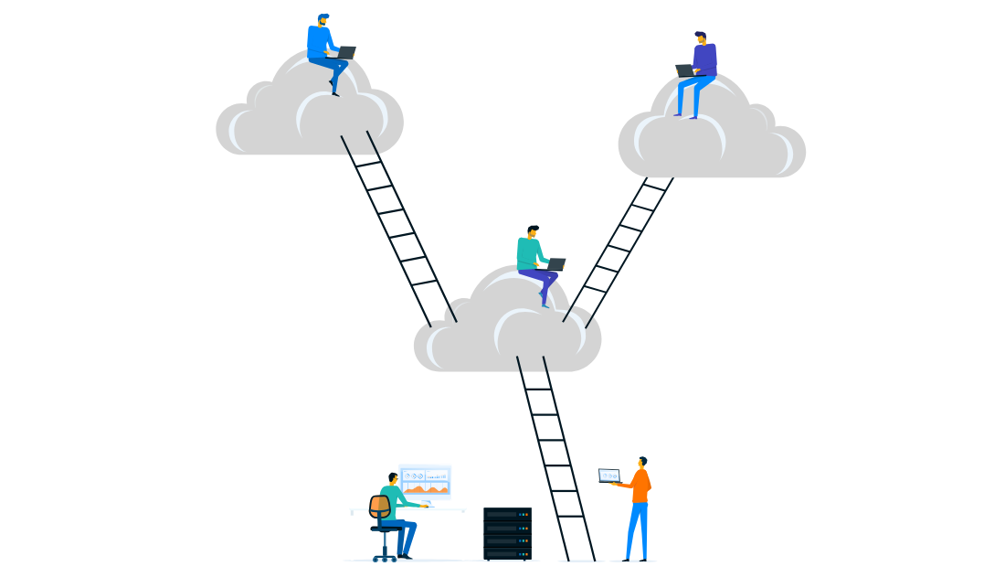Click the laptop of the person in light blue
346,52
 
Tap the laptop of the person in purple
684,70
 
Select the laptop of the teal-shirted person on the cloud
555,263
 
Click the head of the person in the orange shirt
642,463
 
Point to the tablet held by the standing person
609,475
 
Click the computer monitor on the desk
426,481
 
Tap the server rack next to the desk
507,533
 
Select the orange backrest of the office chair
379,508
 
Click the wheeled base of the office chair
386,553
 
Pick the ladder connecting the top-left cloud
399,229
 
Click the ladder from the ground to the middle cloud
555,457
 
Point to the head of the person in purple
701,38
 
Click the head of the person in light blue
323,19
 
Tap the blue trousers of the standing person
639,529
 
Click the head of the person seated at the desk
394,478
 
